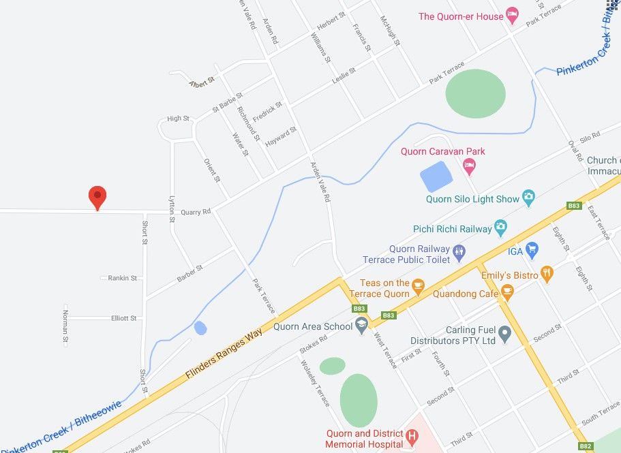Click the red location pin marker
coord(97,197)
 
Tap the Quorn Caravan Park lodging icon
coord(469,164)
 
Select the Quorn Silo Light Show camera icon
coord(528,198)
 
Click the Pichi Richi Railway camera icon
coord(500,228)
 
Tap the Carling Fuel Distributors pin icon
coord(504,334)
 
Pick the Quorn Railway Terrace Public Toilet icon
coord(459,253)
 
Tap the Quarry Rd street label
coord(196,212)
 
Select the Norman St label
coord(66,326)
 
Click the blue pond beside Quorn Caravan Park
coord(436,177)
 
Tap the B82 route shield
coord(585,446)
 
